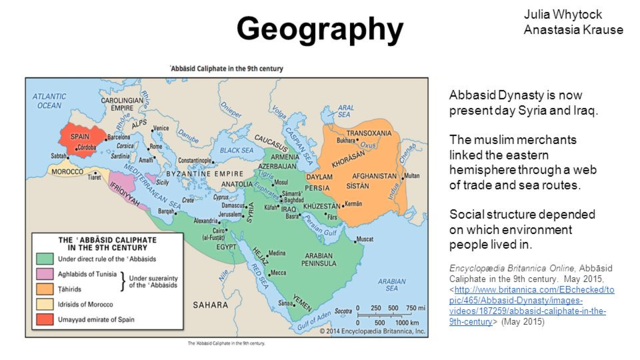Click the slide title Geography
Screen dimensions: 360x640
(320, 29)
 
